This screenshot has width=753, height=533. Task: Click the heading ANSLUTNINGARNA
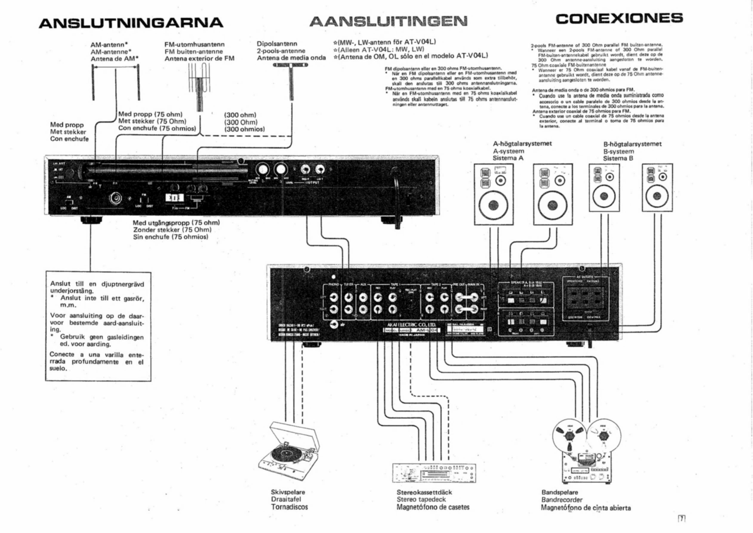click(x=131, y=23)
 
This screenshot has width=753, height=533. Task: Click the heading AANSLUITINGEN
click(x=388, y=21)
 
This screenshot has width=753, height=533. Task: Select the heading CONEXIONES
click(x=619, y=18)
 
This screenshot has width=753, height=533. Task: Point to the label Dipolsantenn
click(x=277, y=44)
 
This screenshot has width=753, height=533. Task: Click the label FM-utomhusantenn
click(x=194, y=44)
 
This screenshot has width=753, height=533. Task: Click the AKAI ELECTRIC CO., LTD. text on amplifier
click(x=411, y=325)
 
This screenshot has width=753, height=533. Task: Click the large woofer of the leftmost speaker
click(x=493, y=205)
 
